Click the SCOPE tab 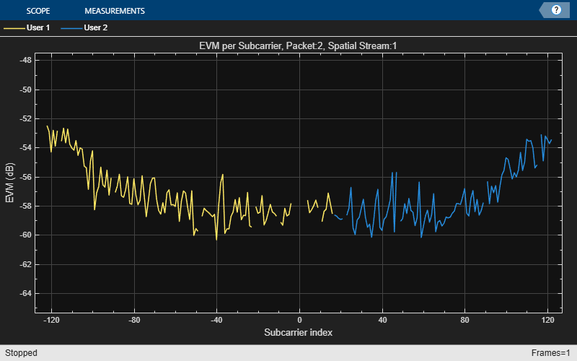point(38,11)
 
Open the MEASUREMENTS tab point(114,11)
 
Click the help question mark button point(556,10)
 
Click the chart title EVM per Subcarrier point(299,45)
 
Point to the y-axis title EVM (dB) point(10,183)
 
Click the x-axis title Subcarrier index point(299,332)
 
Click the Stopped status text point(20,353)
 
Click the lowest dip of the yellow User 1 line point(216,239)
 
